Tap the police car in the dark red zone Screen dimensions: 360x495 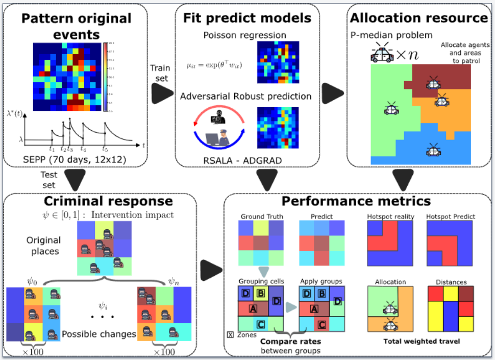click(433, 83)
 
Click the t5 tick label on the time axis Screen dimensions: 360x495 click(105, 149)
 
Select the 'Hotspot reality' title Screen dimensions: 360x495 click(390, 217)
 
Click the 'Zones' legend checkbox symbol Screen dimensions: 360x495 click(230, 335)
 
